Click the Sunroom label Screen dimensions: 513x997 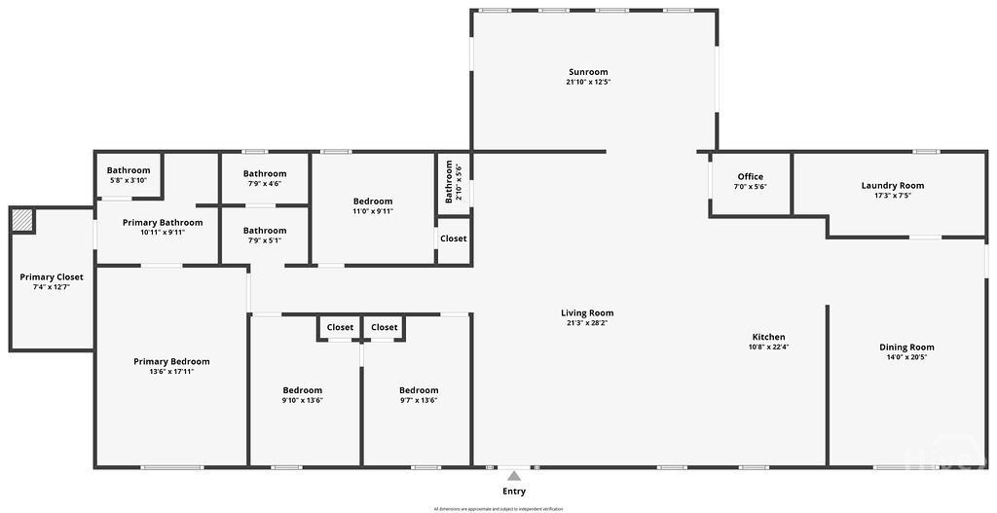pos(588,72)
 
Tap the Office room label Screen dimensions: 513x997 pos(750,177)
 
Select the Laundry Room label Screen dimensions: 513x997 pos(892,185)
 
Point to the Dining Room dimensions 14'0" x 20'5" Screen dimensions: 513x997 pos(906,357)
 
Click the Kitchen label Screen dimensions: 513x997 pos(768,337)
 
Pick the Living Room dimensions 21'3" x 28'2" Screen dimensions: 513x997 pos(587,322)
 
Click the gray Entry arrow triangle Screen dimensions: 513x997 pos(513,475)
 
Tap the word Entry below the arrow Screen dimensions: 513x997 pos(513,492)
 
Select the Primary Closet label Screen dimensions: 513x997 pos(52,277)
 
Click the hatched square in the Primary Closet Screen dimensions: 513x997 pos(22,221)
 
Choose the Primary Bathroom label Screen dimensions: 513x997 pos(163,222)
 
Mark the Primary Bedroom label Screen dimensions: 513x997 pos(171,361)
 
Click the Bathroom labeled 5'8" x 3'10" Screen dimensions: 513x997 pos(129,170)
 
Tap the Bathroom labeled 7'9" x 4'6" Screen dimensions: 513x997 pos(265,173)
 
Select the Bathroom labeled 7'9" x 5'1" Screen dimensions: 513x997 pos(265,231)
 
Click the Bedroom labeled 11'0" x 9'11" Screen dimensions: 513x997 pos(373,202)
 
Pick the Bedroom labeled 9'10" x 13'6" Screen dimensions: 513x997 pos(302,390)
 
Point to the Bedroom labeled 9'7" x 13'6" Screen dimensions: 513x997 pos(419,390)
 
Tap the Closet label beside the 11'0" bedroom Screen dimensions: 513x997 pos(453,238)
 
